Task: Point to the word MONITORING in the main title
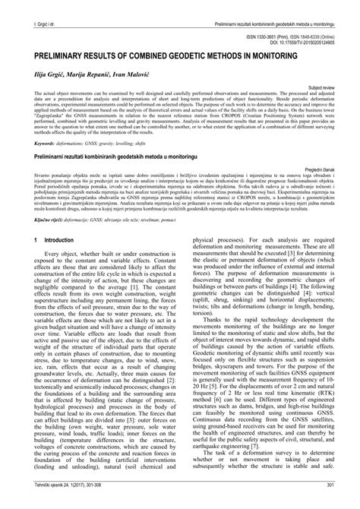288,55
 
